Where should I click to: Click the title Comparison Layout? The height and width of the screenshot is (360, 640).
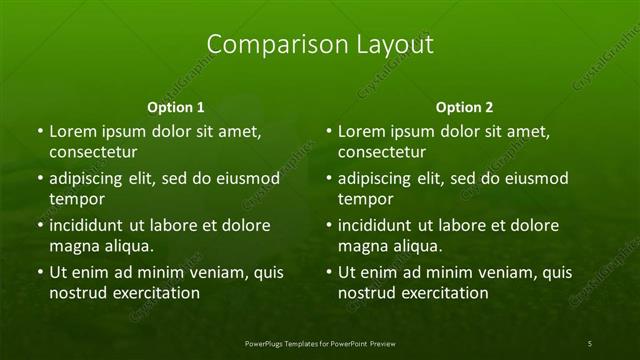coord(320,44)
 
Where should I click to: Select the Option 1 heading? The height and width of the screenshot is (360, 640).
coord(176,106)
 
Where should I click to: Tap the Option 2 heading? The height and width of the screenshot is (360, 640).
coord(465,106)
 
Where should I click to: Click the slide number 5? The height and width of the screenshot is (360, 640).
coord(590,344)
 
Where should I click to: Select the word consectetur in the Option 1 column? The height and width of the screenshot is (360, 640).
coord(93,152)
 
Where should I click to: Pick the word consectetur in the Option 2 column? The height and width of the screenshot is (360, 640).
coord(382,152)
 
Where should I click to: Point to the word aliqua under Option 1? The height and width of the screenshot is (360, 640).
coord(127,246)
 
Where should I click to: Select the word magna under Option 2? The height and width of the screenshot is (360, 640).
coord(363,246)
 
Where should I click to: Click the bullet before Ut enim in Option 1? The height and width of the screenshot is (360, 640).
coord(39,272)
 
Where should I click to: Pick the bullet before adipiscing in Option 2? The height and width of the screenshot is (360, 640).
coord(328,179)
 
